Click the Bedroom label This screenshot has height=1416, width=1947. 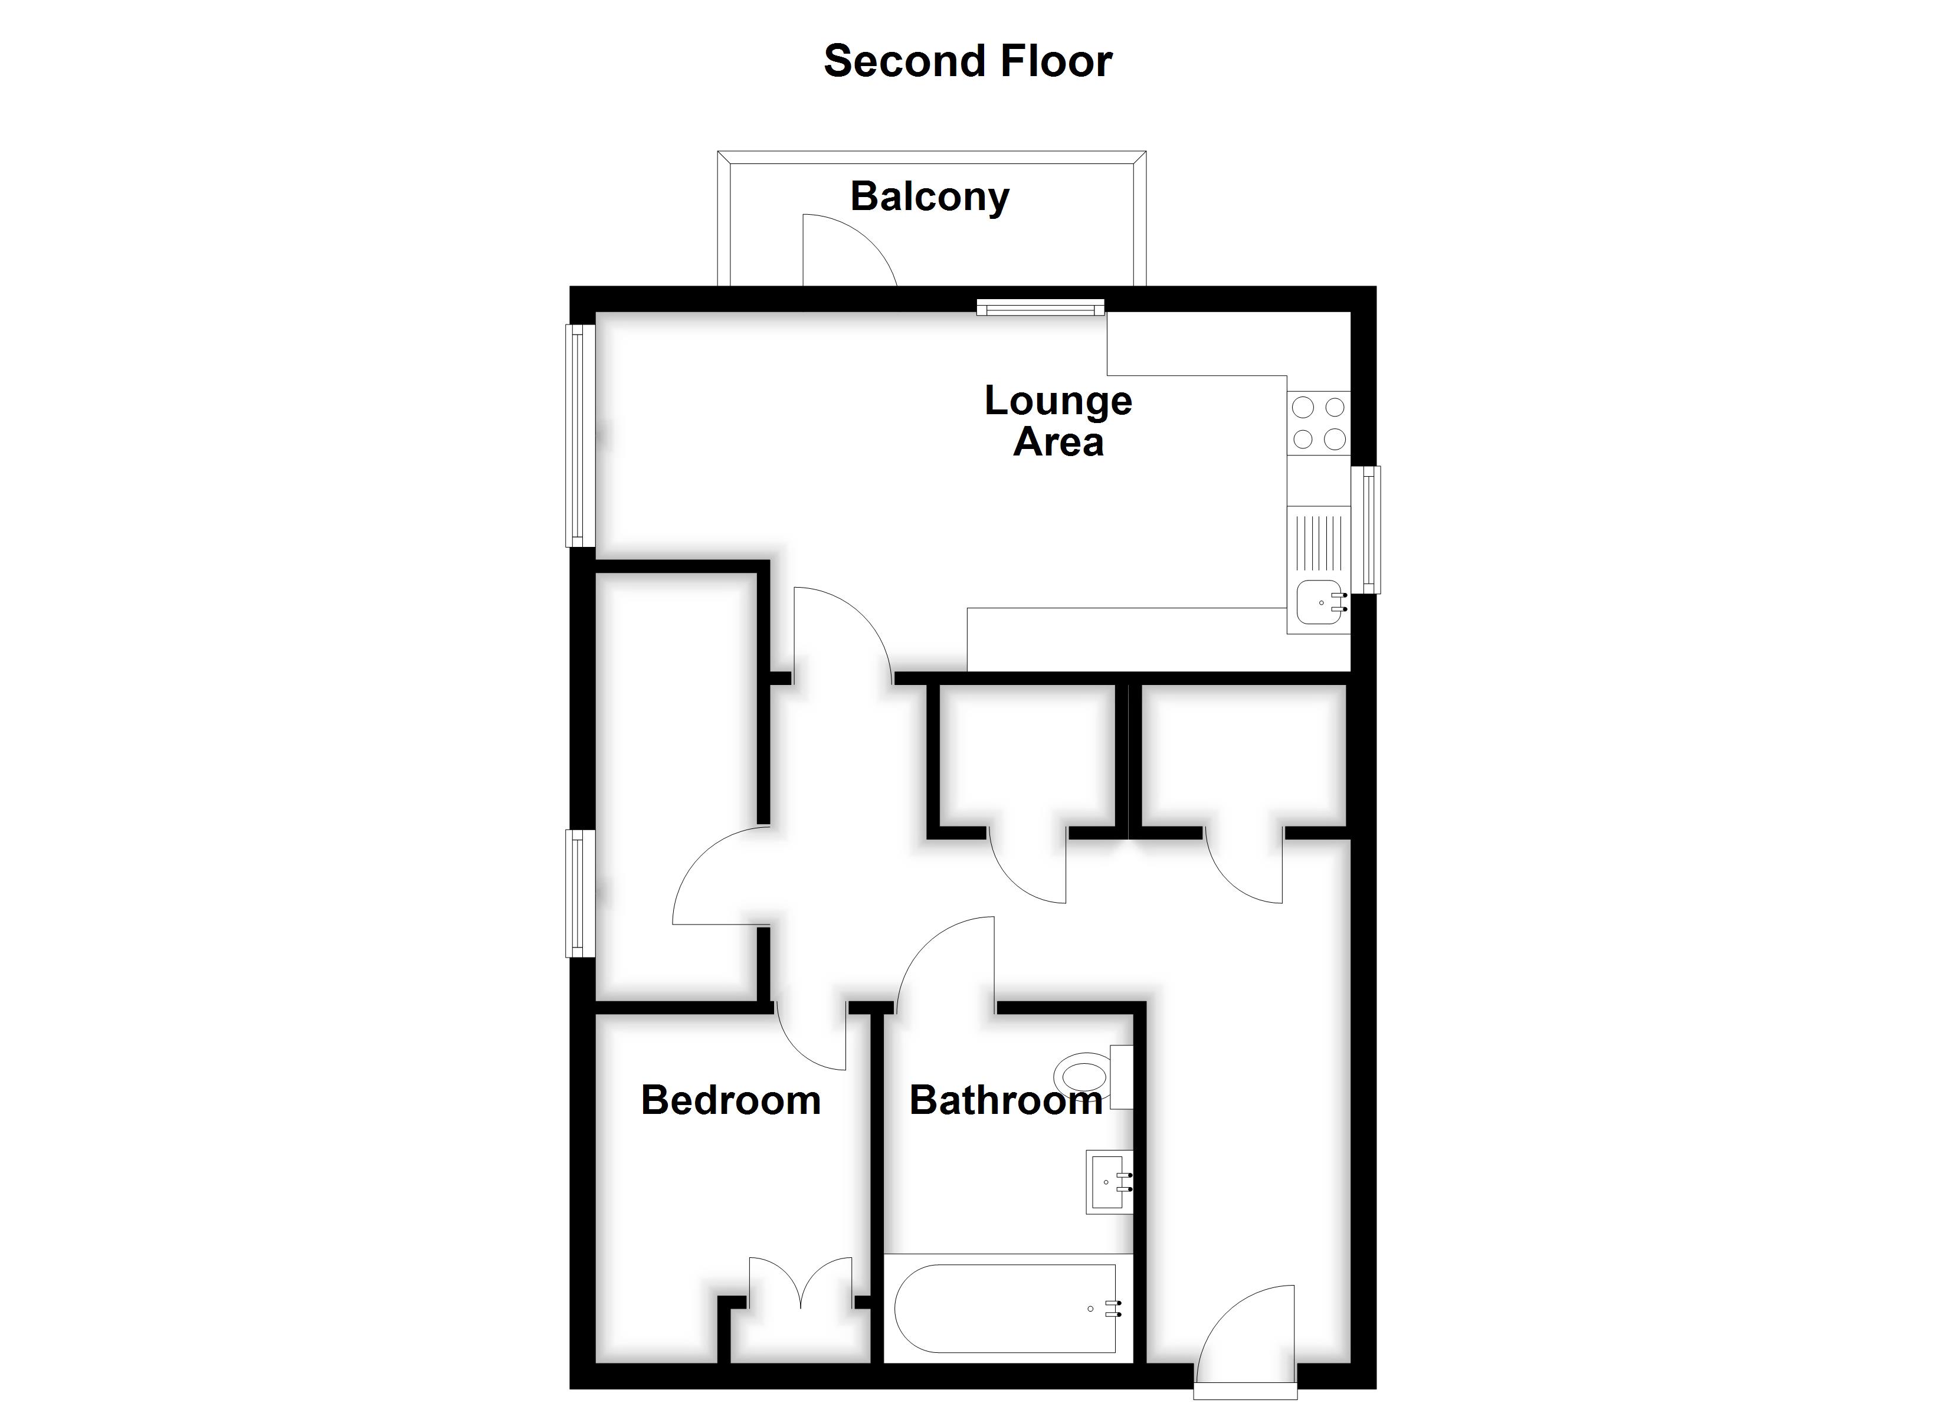[x=730, y=1100]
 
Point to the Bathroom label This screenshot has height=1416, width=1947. [x=1006, y=1100]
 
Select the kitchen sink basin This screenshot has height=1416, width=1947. [x=1319, y=602]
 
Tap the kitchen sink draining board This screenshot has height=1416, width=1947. [x=1319, y=541]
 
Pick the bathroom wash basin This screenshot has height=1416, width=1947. [x=1109, y=1182]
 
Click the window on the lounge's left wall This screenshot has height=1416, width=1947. [x=581, y=435]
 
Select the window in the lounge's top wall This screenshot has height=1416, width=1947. [x=1040, y=307]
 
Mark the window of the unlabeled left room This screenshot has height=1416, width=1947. [x=581, y=893]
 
